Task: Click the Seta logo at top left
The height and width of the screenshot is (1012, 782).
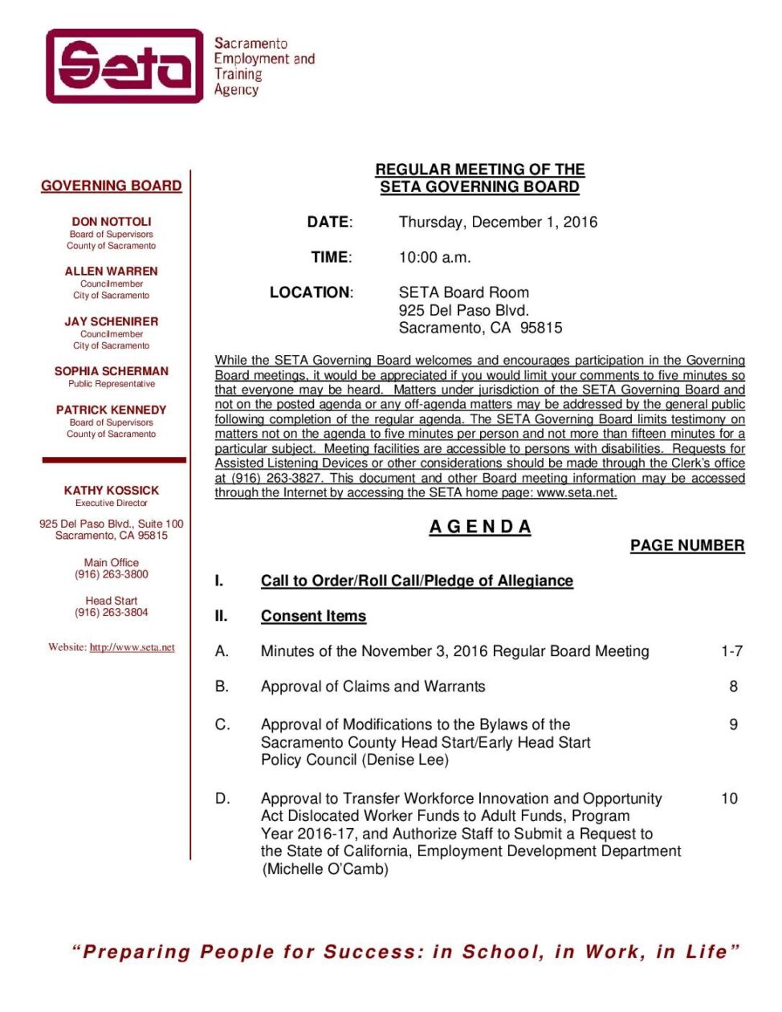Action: [x=125, y=66]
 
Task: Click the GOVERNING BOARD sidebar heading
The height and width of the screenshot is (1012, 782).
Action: [x=112, y=186]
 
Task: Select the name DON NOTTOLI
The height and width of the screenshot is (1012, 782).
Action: [x=112, y=222]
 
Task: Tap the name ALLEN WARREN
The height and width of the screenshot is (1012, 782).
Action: [x=112, y=271]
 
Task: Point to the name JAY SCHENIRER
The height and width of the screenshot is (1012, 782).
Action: [x=112, y=321]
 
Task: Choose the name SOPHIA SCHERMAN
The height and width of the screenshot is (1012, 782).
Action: [x=112, y=371]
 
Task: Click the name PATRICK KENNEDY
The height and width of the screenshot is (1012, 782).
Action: [x=112, y=410]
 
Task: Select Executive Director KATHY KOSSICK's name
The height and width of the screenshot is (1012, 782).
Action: [x=112, y=490]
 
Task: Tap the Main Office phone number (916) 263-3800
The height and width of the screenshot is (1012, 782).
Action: [x=112, y=574]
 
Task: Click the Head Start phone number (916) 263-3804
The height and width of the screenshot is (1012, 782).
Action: [x=112, y=612]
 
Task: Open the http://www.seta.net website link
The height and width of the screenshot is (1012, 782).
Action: [x=132, y=647]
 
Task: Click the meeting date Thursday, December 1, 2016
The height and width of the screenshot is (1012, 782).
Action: [x=498, y=222]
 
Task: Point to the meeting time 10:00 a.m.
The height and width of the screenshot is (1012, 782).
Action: [x=434, y=257]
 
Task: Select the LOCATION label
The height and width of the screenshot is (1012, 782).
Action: [x=310, y=292]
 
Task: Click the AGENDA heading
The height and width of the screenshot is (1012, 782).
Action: [x=480, y=527]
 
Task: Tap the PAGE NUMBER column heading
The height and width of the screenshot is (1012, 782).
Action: [x=687, y=545]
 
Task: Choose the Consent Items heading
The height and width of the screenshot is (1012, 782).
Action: [x=313, y=616]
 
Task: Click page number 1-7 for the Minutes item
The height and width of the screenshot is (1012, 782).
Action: [x=731, y=651]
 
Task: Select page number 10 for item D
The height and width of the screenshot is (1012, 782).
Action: [x=729, y=798]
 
